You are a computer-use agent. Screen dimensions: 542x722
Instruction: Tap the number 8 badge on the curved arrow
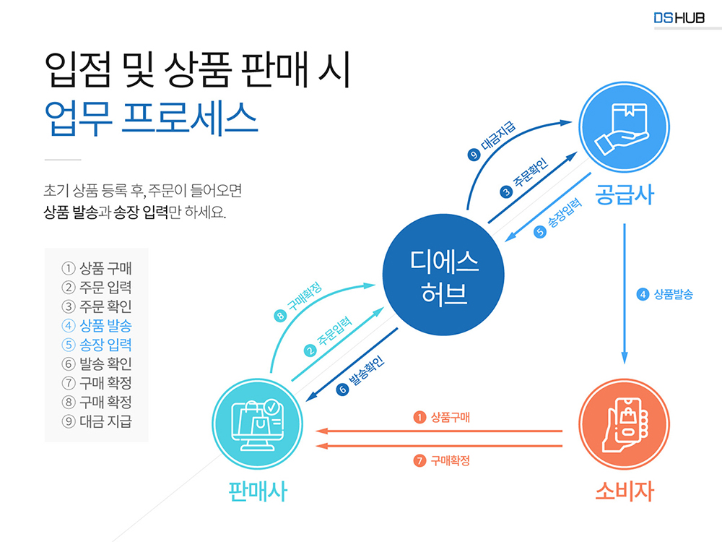click(x=281, y=315)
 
